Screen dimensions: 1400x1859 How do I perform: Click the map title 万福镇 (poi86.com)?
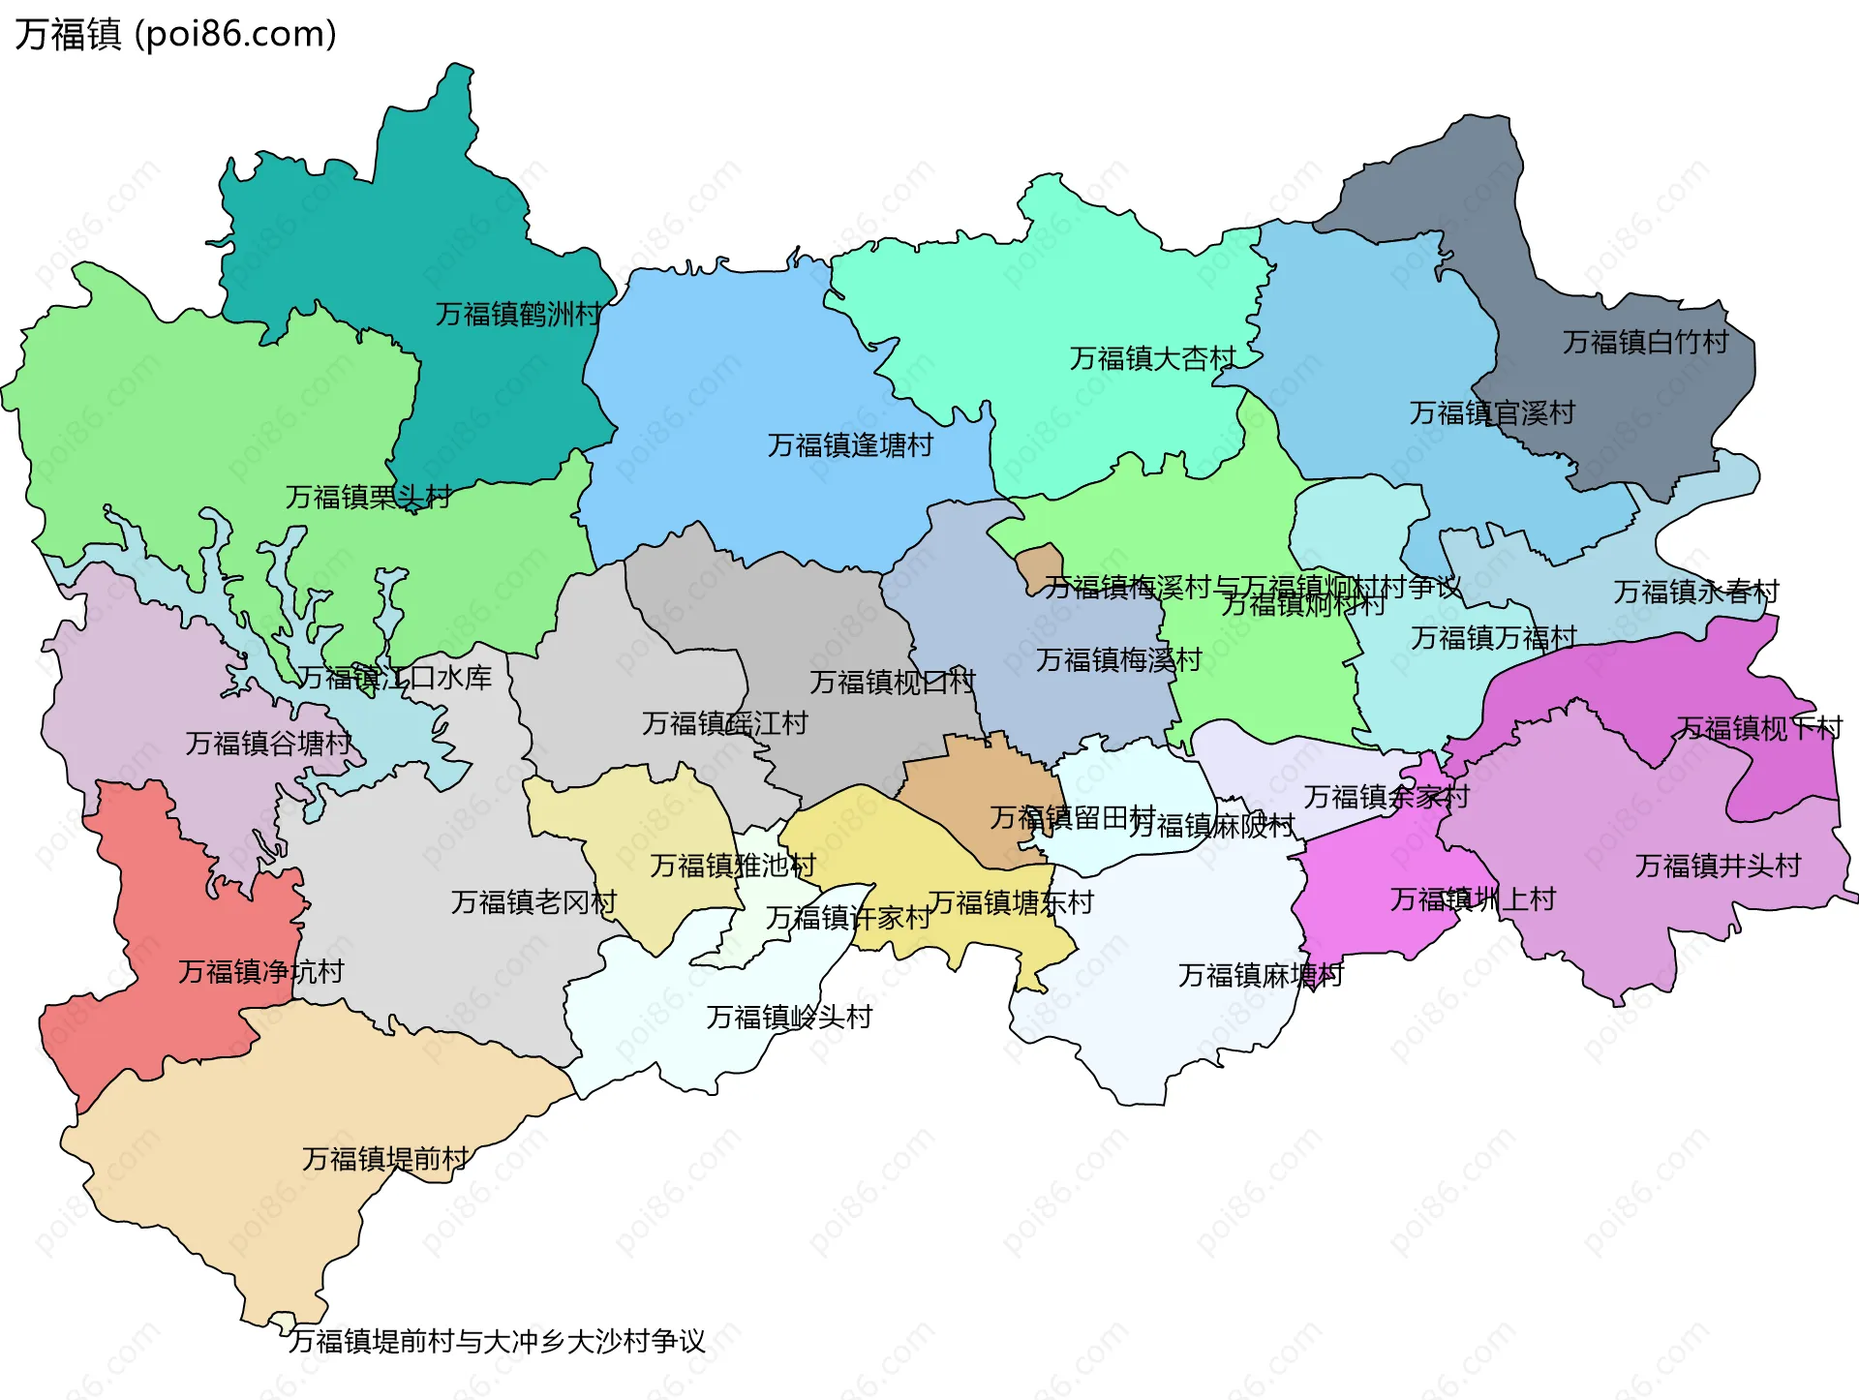tap(175, 34)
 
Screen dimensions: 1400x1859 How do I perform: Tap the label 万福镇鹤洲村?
tap(518, 314)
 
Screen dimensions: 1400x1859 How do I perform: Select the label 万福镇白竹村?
tap(1645, 342)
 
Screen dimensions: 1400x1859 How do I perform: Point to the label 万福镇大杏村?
tap(1152, 358)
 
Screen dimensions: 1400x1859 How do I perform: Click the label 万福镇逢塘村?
tap(850, 445)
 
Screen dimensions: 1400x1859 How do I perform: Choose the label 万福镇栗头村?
tap(368, 497)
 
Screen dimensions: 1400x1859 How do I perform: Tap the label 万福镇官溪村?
tap(1492, 413)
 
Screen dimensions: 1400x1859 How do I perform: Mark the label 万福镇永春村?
tap(1696, 592)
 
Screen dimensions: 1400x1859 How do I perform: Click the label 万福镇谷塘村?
tap(268, 744)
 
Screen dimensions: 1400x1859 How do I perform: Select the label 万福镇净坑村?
tap(261, 971)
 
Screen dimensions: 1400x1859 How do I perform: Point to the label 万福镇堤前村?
tap(384, 1159)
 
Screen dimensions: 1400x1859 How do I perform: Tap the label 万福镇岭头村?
tap(789, 1017)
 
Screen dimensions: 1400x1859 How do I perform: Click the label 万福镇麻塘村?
tap(1261, 975)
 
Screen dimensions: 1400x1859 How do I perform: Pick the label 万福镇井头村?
tap(1718, 866)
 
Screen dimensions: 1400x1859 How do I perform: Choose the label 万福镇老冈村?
tap(533, 902)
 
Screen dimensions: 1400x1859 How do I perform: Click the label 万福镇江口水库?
tap(394, 678)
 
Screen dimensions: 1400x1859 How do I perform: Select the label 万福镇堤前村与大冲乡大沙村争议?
tap(497, 1341)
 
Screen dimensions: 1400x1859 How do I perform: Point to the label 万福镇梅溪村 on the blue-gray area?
tap(1118, 660)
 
